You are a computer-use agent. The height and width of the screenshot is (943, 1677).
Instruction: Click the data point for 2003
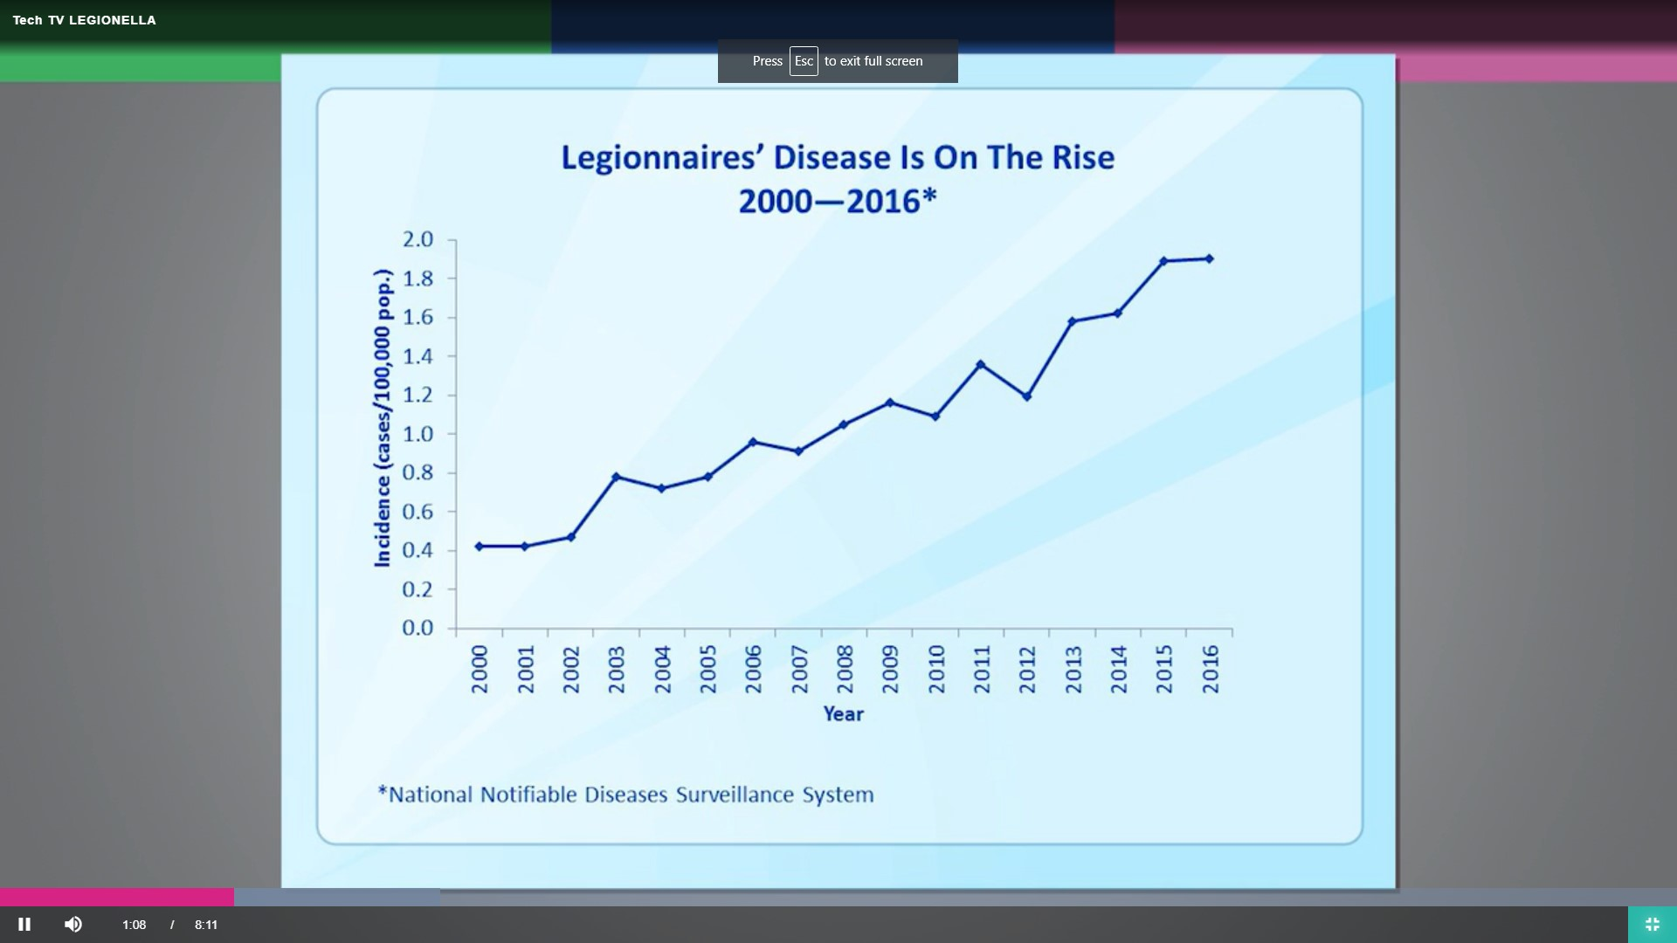pos(616,477)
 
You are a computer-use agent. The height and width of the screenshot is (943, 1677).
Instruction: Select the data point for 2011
pos(980,364)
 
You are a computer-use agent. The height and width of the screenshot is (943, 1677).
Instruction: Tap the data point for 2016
pos(1209,258)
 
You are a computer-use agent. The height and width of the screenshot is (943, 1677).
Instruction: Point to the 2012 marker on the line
pos(1026,396)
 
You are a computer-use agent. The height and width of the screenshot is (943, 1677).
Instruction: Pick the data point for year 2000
pos(479,547)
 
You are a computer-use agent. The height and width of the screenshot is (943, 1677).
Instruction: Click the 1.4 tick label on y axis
pos(418,356)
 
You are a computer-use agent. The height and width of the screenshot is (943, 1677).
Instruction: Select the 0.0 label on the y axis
pos(418,628)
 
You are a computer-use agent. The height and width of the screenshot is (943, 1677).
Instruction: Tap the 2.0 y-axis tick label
pos(418,239)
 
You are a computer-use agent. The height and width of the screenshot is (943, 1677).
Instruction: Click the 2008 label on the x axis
pos(845,670)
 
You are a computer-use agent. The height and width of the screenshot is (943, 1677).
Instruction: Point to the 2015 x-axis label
pos(1163,670)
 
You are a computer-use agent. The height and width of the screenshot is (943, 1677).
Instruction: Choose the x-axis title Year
pos(843,714)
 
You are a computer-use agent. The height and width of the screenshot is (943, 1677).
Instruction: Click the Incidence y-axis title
pos(383,419)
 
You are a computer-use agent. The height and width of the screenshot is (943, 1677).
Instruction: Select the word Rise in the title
pos(1082,158)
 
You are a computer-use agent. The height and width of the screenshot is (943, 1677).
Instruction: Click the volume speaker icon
pos(73,924)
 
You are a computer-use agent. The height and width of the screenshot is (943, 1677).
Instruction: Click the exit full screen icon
pos(1652,924)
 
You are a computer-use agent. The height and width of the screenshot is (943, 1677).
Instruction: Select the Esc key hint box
pos(804,61)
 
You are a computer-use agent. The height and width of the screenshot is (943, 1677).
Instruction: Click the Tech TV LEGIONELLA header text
pos(84,20)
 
